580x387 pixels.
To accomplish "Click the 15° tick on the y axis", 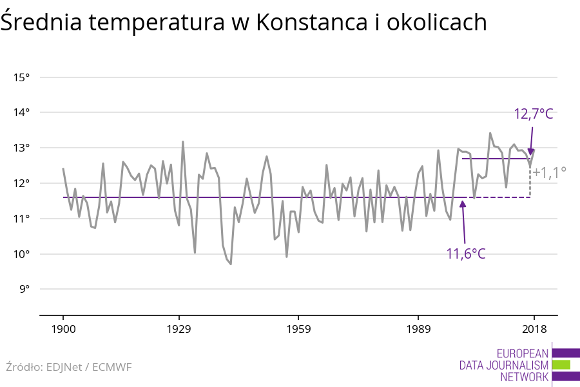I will (22, 77).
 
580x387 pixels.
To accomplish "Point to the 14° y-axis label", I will (22, 113).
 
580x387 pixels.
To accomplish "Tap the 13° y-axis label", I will (22, 148).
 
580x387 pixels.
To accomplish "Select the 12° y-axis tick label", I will (22, 183).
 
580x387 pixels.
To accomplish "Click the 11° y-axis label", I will (22, 219).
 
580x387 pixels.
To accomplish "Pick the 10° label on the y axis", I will (22, 253).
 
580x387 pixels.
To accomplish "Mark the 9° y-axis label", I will (24, 289).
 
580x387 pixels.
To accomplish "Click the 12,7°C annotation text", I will (534, 114).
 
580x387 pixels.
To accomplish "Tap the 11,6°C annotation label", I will (466, 253).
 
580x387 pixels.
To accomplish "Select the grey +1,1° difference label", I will (550, 172).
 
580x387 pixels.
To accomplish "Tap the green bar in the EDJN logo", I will (561, 364).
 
